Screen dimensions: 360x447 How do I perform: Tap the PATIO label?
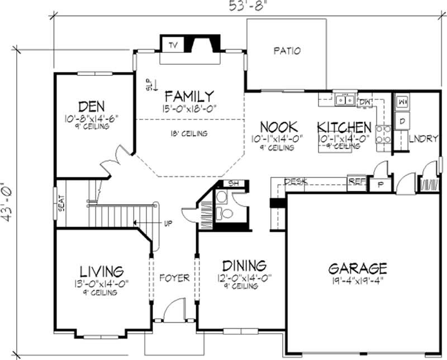pos(287,51)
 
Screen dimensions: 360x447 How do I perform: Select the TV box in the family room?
pos(173,45)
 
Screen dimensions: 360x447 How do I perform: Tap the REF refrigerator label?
pos(354,180)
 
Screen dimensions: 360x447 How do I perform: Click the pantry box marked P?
pos(380,185)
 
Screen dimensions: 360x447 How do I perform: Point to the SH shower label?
pos(232,184)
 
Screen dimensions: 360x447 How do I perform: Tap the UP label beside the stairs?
pos(168,224)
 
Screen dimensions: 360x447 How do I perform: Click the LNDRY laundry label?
pos(424,138)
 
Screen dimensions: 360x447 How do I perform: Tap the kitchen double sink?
pos(345,100)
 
